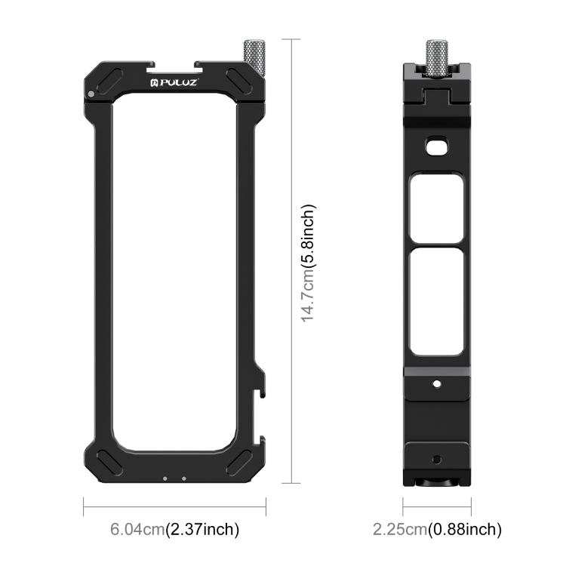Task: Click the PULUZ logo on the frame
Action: coord(174,81)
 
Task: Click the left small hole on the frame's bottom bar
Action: coord(165,477)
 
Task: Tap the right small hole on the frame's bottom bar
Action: coord(183,477)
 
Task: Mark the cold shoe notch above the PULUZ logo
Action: coord(174,66)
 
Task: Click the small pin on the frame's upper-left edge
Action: coord(91,94)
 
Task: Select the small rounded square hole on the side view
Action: coord(436,147)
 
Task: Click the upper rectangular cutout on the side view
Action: coord(436,208)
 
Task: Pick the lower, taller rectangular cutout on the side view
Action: coord(436,302)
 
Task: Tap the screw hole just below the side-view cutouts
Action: coord(436,383)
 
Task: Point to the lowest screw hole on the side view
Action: coord(436,458)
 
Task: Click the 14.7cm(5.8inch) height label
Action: coord(309,262)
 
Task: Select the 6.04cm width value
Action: coord(136,530)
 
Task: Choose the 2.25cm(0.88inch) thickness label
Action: coord(438,530)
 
